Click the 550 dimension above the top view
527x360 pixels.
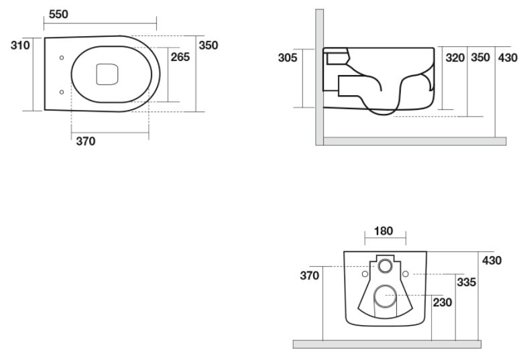(x=58, y=14)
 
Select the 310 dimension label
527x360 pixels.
(x=20, y=45)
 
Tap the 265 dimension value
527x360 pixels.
(x=180, y=57)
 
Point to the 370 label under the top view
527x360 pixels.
(x=86, y=141)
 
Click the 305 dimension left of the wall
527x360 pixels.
(x=288, y=58)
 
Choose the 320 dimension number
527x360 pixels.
(x=455, y=58)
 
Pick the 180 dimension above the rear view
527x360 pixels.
(x=384, y=231)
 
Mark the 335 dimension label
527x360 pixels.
(x=467, y=282)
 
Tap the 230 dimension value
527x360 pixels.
(x=443, y=302)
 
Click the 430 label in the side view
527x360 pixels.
(x=508, y=58)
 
